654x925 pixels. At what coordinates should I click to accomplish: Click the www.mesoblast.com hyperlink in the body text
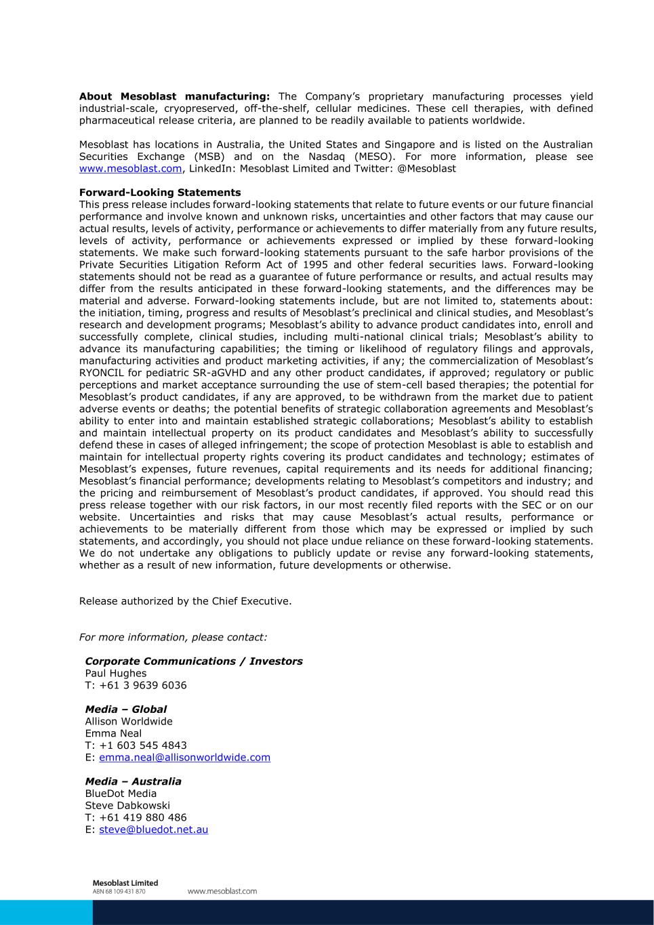tap(130, 169)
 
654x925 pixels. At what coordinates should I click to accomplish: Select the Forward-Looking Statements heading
tap(160, 192)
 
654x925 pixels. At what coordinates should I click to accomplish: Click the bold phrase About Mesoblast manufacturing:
tap(174, 97)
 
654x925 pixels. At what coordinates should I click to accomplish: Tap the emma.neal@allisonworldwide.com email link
tap(184, 758)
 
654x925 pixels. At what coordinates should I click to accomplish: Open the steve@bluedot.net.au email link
tap(153, 829)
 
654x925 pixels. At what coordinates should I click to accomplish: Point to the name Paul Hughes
tap(116, 674)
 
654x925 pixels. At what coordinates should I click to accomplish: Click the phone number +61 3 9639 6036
tap(142, 685)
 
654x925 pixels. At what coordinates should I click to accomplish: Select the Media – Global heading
tap(125, 710)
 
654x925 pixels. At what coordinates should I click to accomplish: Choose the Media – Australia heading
tap(133, 781)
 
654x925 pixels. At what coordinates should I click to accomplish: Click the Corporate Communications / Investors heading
tap(194, 661)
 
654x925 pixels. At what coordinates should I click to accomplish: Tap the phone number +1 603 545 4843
tap(142, 745)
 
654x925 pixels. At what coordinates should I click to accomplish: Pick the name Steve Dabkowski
tap(127, 806)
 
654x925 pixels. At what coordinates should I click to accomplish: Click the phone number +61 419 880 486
tap(142, 817)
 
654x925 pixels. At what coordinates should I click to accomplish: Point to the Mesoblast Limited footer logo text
tap(125, 883)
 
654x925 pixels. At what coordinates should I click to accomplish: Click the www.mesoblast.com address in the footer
tap(222, 891)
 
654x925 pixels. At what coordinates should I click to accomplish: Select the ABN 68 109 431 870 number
tap(119, 892)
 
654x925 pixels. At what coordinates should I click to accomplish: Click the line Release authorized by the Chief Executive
tap(186, 601)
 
